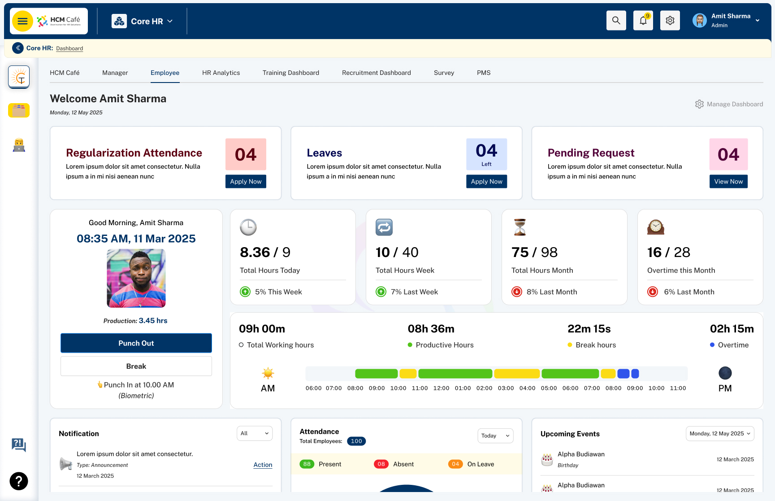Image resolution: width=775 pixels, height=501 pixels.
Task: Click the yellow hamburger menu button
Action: (x=22, y=21)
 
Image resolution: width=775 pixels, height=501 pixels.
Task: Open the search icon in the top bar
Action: (x=616, y=21)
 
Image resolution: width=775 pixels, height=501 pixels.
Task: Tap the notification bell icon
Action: (x=643, y=21)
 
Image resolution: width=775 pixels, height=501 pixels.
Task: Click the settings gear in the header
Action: (x=670, y=21)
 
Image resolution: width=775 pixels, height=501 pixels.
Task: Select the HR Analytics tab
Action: (x=221, y=73)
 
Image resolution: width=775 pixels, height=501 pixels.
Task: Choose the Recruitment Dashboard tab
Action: (x=377, y=73)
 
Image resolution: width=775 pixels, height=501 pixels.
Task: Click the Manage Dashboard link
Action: (x=729, y=104)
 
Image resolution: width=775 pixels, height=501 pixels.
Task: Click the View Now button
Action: (x=728, y=182)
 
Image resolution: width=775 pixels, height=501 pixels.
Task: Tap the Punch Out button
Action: (x=136, y=343)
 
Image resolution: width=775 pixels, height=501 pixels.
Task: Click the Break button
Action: (x=136, y=366)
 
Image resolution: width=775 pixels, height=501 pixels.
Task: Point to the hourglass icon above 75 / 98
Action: (x=520, y=227)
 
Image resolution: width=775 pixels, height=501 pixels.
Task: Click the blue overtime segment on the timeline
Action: (x=623, y=374)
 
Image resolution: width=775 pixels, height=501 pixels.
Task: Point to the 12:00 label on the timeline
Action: (x=441, y=388)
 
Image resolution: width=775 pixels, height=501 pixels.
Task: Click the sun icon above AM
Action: (x=268, y=373)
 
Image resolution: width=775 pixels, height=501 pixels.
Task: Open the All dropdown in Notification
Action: (x=255, y=433)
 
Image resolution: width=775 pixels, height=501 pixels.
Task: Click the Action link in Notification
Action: (x=263, y=465)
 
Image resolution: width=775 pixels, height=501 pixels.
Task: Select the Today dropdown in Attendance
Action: (x=495, y=436)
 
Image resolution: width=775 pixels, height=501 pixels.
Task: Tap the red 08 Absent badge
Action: (x=381, y=464)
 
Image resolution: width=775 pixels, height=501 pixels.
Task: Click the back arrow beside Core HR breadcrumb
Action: (x=18, y=48)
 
